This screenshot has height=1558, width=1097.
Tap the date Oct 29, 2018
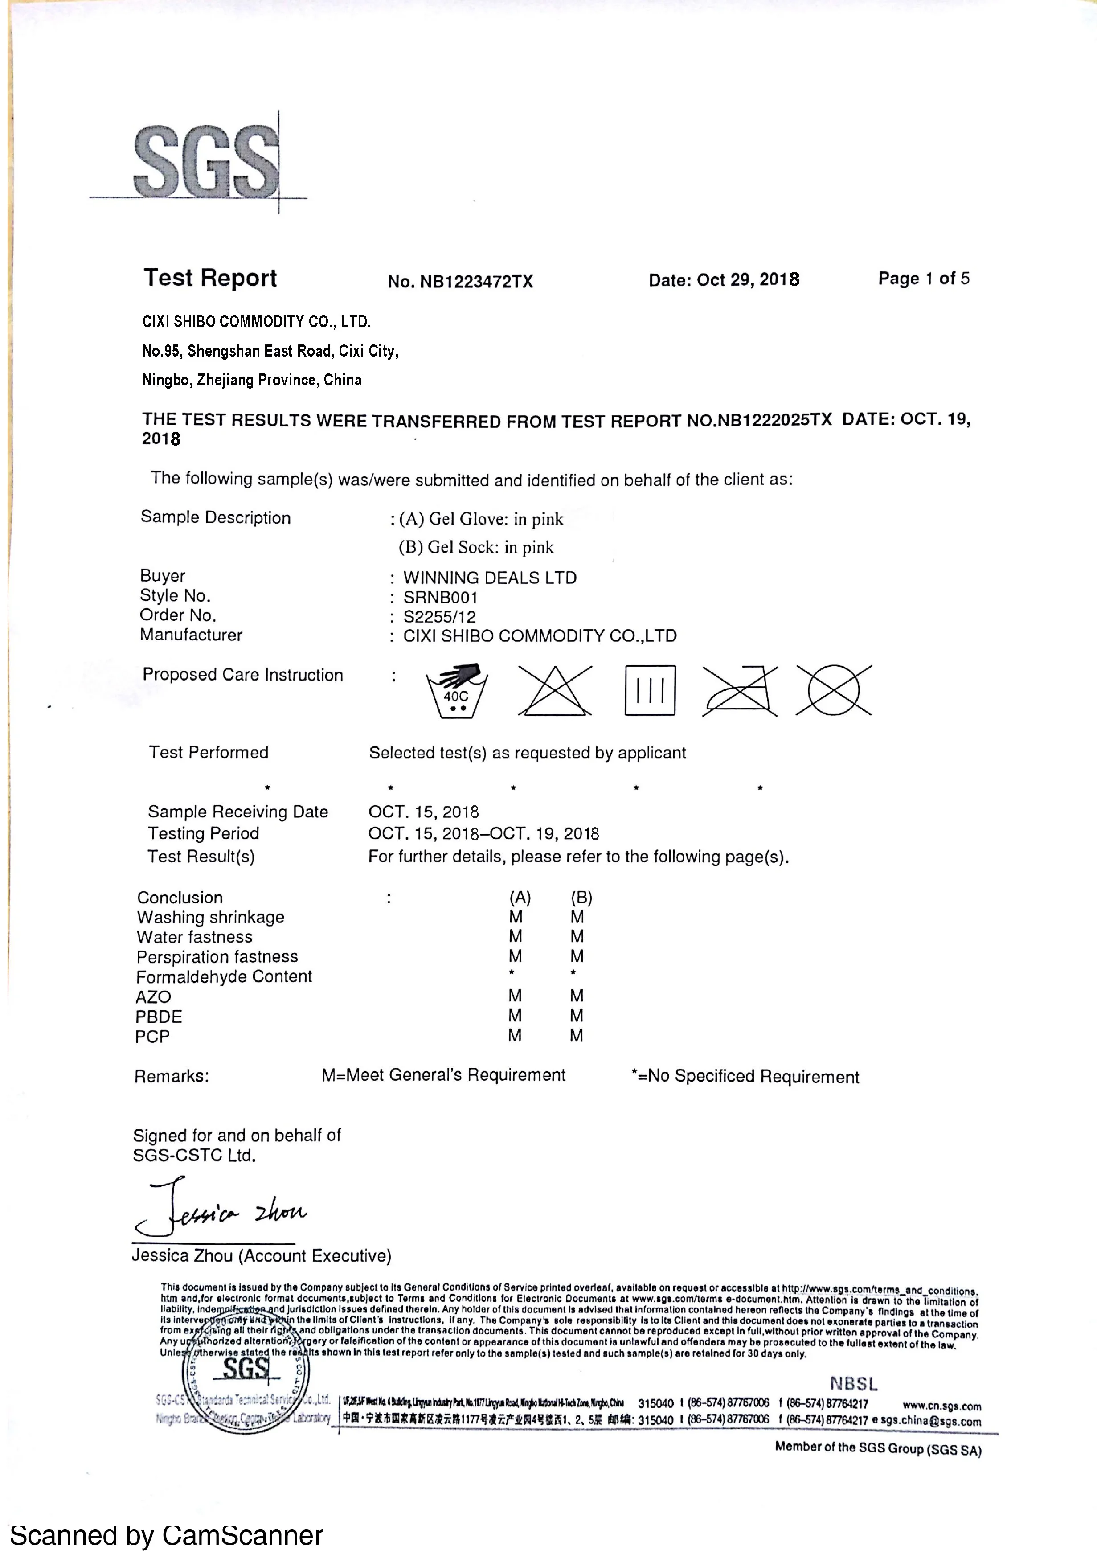pos(724,279)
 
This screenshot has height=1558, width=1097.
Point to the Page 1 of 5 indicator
pos(923,278)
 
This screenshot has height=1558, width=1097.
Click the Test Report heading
pos(210,278)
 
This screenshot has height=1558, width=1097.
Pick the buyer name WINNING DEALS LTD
pos(490,578)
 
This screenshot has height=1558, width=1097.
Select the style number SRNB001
pos(440,598)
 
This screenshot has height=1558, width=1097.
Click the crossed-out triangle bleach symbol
pos(555,691)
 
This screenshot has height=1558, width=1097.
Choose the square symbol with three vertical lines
pos(650,691)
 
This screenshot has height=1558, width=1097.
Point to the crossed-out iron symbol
pos(740,691)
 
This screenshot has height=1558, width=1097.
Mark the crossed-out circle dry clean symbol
pos(834,691)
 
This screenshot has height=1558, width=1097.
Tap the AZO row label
pos(153,997)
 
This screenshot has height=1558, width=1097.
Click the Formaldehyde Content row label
pos(224,976)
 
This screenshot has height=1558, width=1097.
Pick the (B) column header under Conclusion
pos(581,898)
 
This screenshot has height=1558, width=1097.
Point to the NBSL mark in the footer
pos(853,1384)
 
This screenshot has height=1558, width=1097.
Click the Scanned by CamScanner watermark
pos(166,1535)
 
